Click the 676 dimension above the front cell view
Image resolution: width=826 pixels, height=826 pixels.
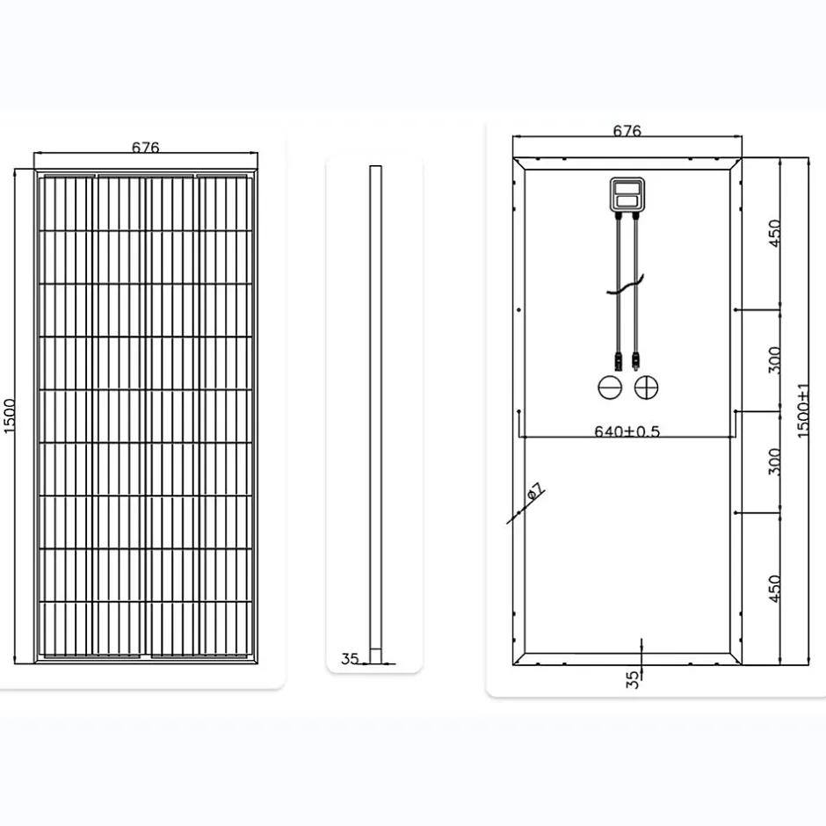click(146, 148)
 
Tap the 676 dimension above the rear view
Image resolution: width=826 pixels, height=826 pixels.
click(627, 131)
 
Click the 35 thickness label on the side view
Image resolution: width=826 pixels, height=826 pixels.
click(350, 657)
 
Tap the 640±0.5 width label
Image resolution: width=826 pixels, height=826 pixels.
click(627, 431)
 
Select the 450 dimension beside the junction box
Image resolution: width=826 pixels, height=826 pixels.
click(774, 234)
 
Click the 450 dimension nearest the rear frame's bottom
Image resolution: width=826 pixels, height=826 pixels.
click(774, 587)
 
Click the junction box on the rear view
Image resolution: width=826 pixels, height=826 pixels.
click(627, 194)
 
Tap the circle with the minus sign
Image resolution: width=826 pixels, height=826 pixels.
click(610, 386)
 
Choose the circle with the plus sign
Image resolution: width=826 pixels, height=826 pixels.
click(648, 386)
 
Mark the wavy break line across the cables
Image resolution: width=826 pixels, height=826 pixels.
click(627, 286)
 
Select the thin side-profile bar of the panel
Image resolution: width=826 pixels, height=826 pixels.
click(374, 413)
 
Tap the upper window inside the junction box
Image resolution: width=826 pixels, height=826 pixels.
click(627, 186)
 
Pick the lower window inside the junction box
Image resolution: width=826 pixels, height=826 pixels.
click(627, 201)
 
